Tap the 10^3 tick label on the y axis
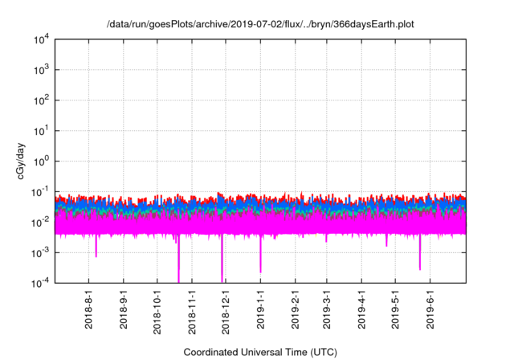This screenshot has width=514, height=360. point(43,70)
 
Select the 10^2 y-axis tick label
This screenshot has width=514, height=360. point(43,100)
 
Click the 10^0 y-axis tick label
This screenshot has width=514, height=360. point(43,161)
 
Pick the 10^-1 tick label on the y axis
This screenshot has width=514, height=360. point(42,191)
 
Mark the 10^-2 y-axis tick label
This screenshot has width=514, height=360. point(42,222)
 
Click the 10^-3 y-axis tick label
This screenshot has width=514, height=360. point(42,252)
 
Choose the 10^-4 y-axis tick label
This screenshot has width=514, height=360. point(42,282)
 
